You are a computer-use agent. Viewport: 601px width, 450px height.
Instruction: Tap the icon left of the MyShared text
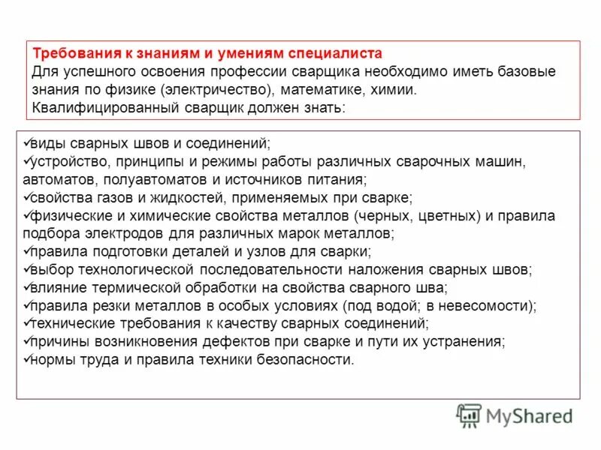(x=470, y=415)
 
